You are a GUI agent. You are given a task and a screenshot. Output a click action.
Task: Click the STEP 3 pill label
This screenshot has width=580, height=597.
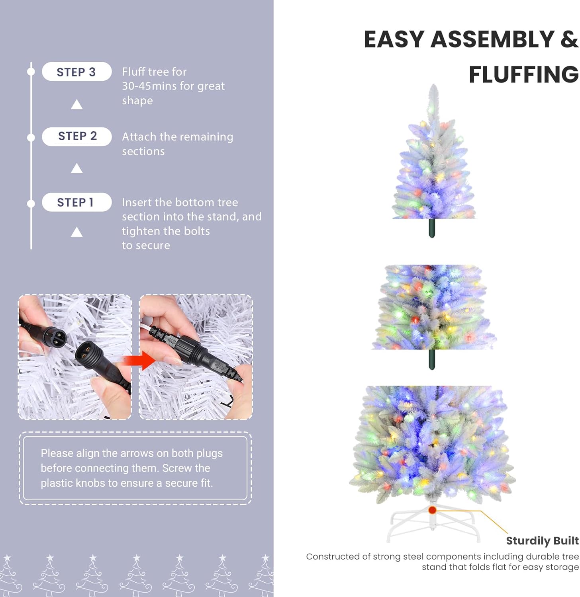[76, 72]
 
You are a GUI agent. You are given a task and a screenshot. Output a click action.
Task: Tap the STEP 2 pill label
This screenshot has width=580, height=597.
[76, 137]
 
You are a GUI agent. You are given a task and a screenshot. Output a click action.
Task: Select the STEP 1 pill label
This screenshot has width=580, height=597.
[76, 202]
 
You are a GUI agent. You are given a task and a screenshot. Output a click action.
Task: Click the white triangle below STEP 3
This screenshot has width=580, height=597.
[76, 105]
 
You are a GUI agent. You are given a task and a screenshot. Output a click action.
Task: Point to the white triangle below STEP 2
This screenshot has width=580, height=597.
[76, 168]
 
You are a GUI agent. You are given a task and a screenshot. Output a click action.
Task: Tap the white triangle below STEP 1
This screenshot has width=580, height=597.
[76, 232]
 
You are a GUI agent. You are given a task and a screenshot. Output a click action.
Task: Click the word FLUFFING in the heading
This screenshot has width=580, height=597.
[523, 75]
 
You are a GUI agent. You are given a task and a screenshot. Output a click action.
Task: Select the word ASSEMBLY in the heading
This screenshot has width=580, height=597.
[493, 39]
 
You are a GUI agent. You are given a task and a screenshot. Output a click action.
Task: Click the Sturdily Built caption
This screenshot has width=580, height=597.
[542, 540]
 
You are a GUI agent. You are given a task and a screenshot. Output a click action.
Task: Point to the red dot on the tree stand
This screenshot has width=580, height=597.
[432, 510]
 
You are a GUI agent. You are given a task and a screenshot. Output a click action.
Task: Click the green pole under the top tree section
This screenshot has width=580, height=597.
[431, 228]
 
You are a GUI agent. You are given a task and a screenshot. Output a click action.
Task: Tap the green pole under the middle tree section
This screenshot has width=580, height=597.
[431, 359]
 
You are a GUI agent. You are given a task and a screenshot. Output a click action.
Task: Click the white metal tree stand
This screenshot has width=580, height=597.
[432, 521]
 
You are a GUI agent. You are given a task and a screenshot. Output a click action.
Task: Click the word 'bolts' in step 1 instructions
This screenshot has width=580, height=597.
[197, 231]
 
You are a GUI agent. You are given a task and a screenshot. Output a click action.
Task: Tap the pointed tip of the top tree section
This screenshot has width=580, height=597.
[433, 85]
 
